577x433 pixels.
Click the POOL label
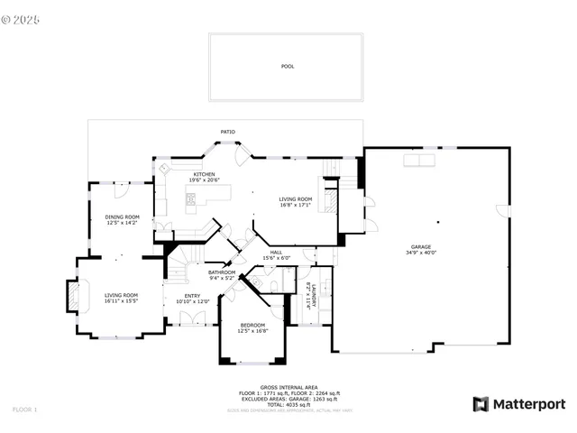pos(287,67)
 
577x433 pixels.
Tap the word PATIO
pos(229,132)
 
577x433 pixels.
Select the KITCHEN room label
pos(205,174)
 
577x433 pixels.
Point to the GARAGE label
pos(421,246)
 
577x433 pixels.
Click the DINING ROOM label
pos(122,216)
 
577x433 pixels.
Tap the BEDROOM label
pos(252,325)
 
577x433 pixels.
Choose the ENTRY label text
pos(193,295)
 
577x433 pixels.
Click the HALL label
pos(276,253)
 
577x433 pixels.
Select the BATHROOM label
pos(222,272)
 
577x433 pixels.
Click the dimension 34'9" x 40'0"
pos(421,253)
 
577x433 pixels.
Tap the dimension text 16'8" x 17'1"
pos(295,205)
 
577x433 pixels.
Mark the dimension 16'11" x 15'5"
pos(121,300)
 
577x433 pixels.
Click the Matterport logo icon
pos(481,404)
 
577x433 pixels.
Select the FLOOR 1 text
pos(24,410)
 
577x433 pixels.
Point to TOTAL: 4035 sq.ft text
pos(288,404)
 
